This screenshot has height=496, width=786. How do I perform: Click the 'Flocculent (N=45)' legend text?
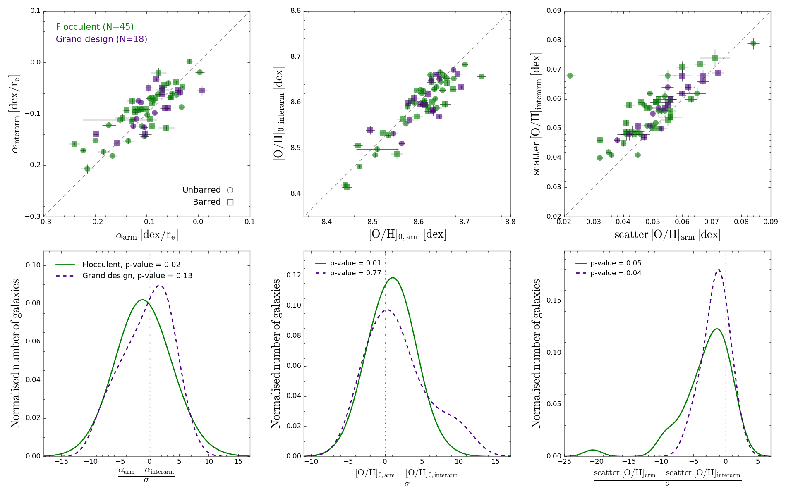click(x=95, y=27)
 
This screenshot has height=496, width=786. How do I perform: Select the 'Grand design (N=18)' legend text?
click(x=101, y=39)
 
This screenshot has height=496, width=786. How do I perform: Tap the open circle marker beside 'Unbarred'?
click(x=230, y=190)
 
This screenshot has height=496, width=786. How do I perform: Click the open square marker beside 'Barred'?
click(x=230, y=202)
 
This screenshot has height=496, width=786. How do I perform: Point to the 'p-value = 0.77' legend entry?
click(x=355, y=273)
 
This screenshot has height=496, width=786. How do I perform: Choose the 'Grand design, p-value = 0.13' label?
click(x=137, y=276)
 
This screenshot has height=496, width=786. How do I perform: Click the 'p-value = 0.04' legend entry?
click(x=616, y=273)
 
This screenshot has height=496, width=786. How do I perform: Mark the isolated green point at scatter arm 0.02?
click(x=570, y=76)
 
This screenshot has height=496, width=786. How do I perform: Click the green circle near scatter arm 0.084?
click(x=753, y=43)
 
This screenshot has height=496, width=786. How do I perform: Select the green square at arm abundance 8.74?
click(x=481, y=76)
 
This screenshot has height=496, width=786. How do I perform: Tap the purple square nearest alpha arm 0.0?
click(x=202, y=90)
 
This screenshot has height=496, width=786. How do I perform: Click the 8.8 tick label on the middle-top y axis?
click(x=295, y=11)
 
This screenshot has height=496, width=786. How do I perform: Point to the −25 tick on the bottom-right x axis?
click(x=564, y=462)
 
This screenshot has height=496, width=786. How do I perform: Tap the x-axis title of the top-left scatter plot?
click(x=147, y=235)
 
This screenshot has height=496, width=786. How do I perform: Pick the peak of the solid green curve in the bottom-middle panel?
click(x=392, y=278)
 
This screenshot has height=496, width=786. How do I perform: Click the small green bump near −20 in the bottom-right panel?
click(x=593, y=450)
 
